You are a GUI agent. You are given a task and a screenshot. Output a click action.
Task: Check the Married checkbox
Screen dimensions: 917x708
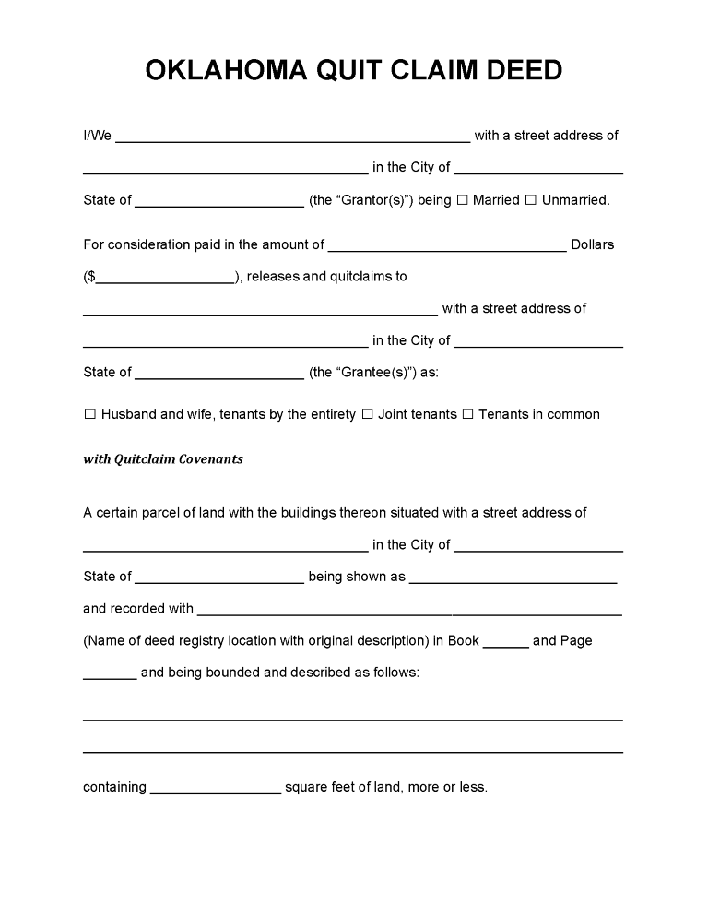pos(463,200)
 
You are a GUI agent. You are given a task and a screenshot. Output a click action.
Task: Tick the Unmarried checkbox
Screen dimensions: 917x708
pos(531,200)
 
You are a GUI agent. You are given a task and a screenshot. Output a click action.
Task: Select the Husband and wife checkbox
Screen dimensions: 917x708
pos(90,415)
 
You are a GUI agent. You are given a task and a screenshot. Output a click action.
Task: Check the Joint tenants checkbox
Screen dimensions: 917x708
pos(367,415)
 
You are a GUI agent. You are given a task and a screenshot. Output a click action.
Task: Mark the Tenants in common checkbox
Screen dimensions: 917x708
pos(467,415)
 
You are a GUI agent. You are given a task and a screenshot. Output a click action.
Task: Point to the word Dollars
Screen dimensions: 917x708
pos(593,245)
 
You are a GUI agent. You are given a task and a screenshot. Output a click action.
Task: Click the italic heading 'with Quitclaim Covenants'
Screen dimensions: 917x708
pos(163,459)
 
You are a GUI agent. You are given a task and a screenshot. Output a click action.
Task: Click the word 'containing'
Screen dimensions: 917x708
pos(114,788)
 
